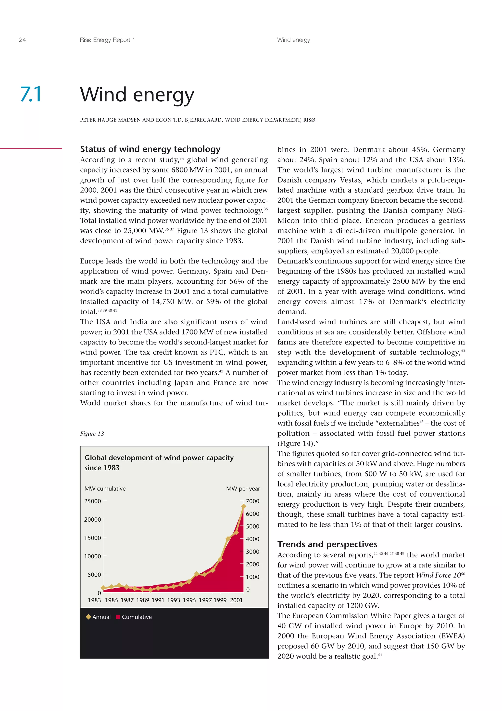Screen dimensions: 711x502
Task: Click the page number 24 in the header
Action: pyautogui.click(x=22, y=40)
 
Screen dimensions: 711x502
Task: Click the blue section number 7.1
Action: pyautogui.click(x=31, y=94)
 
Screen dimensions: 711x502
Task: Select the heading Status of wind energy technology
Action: pyautogui.click(x=150, y=149)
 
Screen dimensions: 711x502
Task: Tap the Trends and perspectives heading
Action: pyautogui.click(x=327, y=544)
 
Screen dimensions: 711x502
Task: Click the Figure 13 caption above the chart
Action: pyautogui.click(x=92, y=434)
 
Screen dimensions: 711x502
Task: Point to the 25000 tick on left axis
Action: pyautogui.click(x=92, y=501)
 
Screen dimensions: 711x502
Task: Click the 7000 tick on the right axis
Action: pyautogui.click(x=252, y=501)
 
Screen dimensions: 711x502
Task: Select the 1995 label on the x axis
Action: pyautogui.click(x=189, y=600)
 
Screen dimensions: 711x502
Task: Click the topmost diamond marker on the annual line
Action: pyautogui.click(x=243, y=506)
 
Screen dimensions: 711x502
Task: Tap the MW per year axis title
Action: pyautogui.click(x=243, y=489)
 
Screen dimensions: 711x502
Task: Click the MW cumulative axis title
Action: pyautogui.click(x=105, y=489)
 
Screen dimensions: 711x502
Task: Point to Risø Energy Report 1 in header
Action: pyautogui.click(x=107, y=40)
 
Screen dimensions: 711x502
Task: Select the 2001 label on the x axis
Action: pyautogui.click(x=236, y=600)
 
